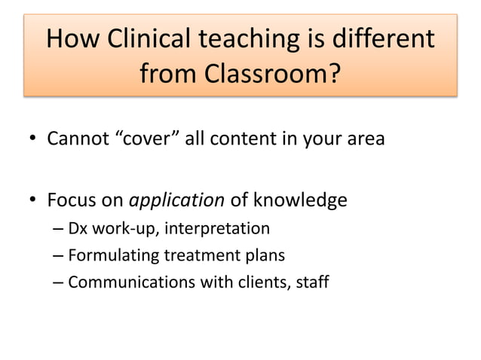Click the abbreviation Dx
[78, 227]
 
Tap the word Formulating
[109, 255]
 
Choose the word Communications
[124, 282]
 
